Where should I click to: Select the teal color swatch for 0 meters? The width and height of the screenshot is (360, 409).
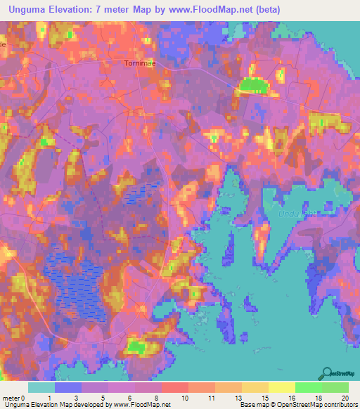pyautogui.click(x=41, y=387)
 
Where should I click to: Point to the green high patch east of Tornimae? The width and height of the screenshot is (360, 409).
pyautogui.click(x=253, y=86)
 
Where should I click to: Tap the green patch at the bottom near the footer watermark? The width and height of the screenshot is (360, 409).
pyautogui.click(x=139, y=346)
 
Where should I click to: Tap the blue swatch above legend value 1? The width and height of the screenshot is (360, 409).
pyautogui.click(x=68, y=387)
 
